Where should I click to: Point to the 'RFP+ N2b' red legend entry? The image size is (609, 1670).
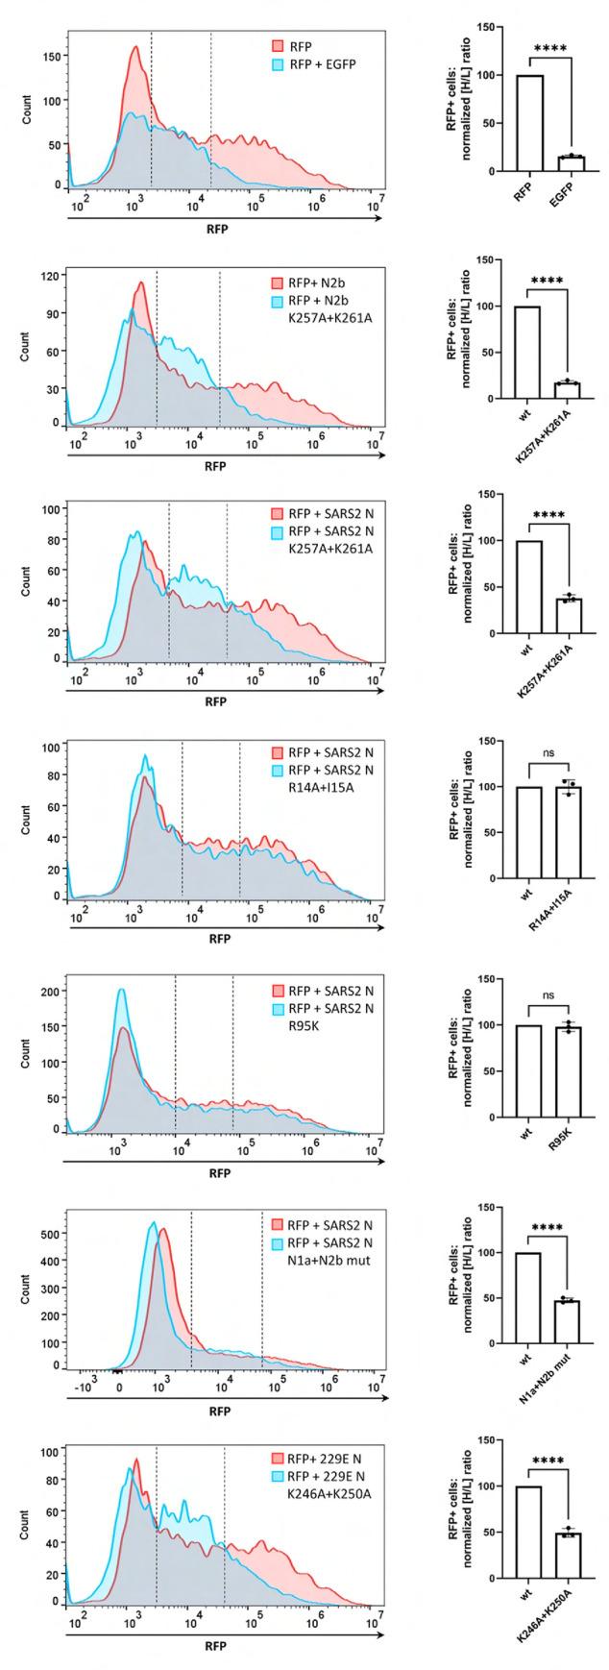[311, 284]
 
